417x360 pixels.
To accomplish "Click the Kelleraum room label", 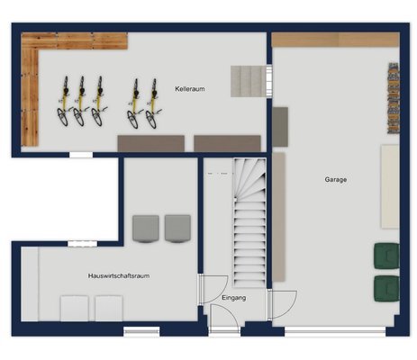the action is coord(190,89).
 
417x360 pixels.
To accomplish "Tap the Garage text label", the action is coord(336,179).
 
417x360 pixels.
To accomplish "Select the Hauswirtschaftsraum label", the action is coord(119,275).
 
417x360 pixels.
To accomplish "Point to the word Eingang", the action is coord(234,298).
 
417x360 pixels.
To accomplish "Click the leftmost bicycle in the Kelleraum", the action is coord(64,101).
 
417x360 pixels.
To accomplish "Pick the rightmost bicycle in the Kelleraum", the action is coord(153,103).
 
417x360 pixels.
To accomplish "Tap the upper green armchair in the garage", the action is coord(386,256).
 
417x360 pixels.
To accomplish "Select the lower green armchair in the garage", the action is coord(386,289).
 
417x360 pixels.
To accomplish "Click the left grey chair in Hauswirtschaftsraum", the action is coord(146,229).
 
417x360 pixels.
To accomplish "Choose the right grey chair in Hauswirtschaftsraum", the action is coord(177,229).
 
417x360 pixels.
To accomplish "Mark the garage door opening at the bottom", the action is coord(335,331).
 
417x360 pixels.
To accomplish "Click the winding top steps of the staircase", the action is coord(249,178).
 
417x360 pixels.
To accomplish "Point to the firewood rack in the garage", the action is coord(394,98).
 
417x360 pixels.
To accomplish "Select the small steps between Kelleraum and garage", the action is coord(249,81).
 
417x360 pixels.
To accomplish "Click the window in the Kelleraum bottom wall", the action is coord(81,155).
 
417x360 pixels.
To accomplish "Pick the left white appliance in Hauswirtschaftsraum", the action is coord(74,308).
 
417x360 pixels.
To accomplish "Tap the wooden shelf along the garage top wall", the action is coord(335,40).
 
